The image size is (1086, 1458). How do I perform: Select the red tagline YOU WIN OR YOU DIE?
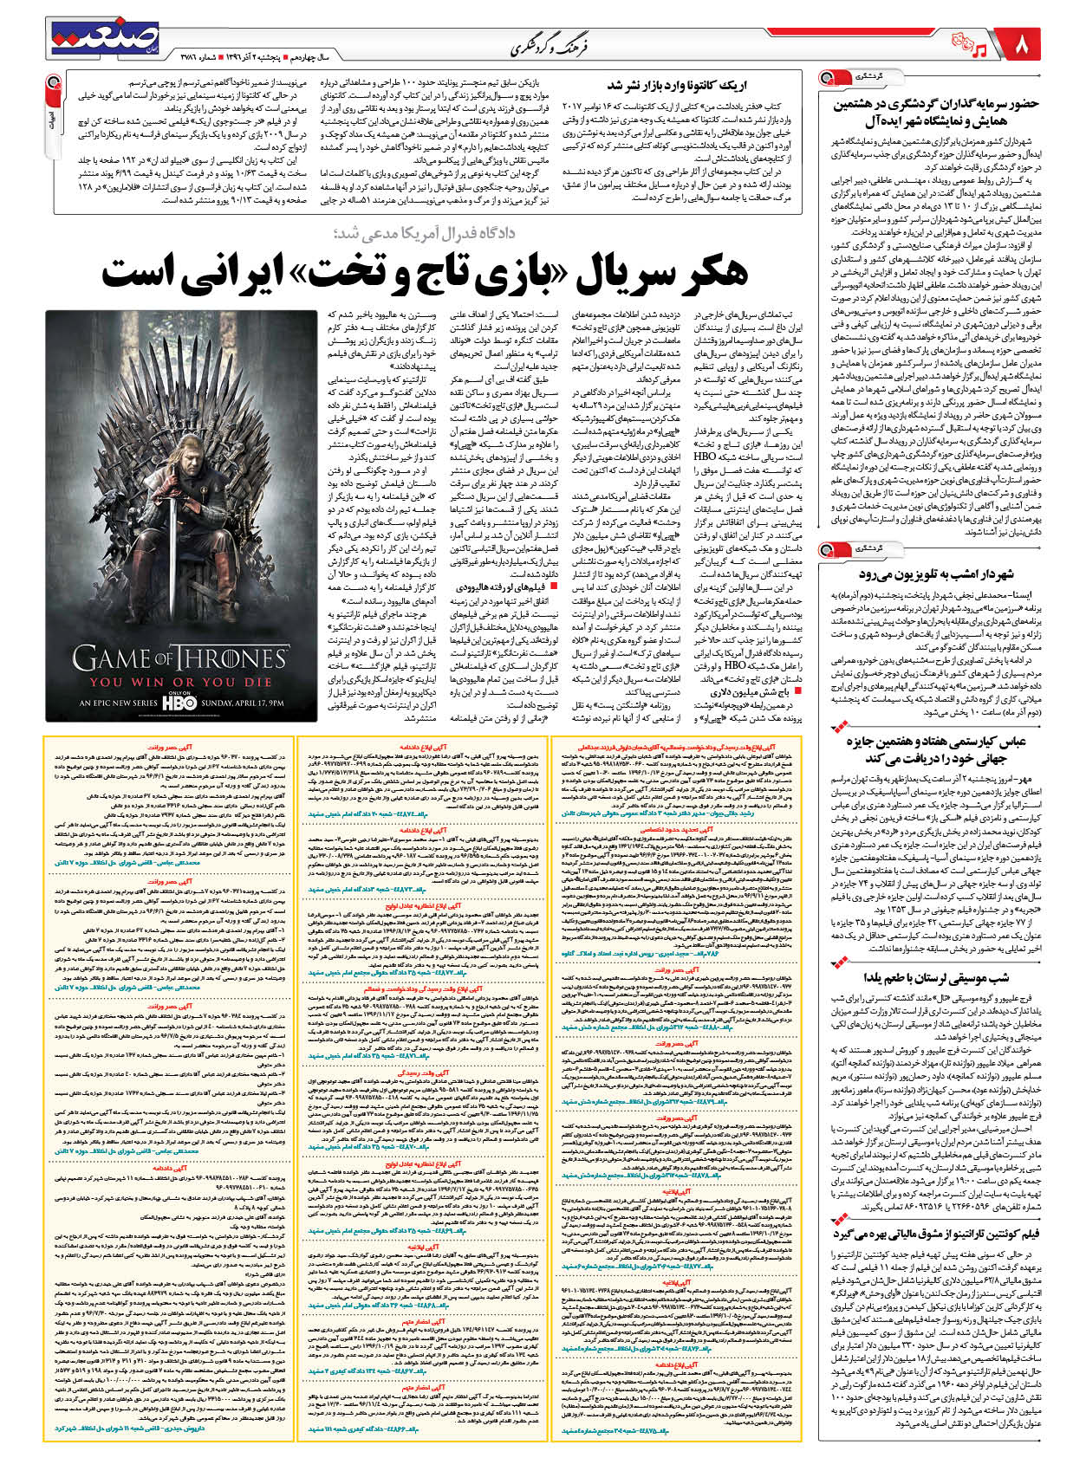(x=180, y=683)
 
